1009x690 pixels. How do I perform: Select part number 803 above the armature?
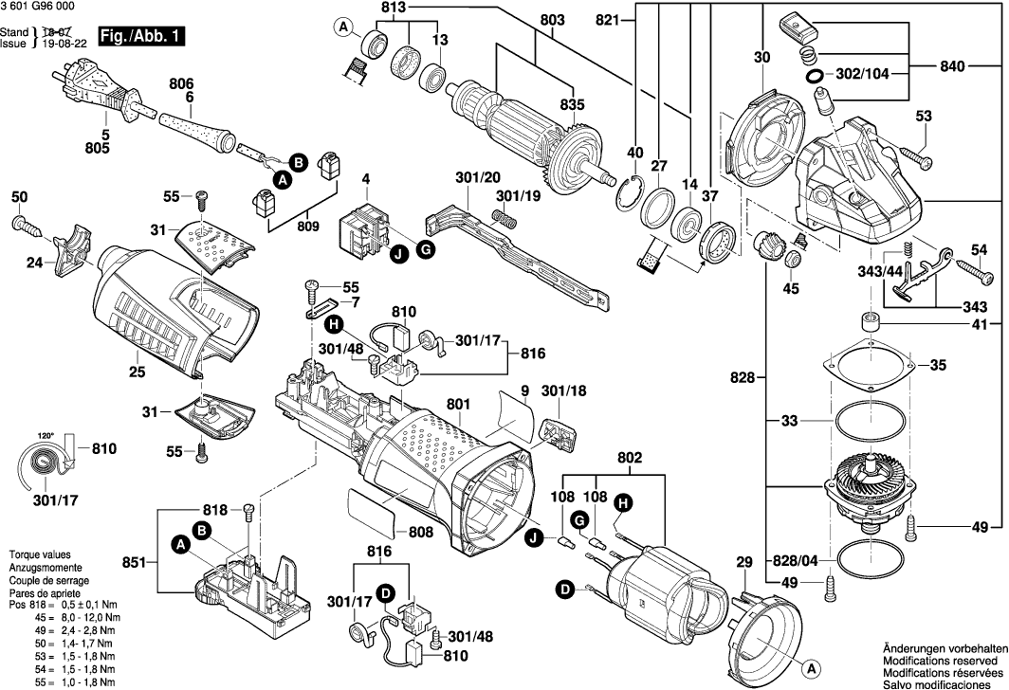click(551, 21)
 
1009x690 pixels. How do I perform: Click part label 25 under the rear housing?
click(138, 372)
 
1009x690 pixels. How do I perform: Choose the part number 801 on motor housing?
click(458, 405)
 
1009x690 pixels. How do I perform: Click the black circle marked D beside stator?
click(565, 590)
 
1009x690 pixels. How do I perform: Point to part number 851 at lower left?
click(135, 563)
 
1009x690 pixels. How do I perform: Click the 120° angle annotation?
click(46, 436)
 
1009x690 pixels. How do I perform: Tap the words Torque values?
click(37, 554)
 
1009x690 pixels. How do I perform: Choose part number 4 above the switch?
click(366, 178)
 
